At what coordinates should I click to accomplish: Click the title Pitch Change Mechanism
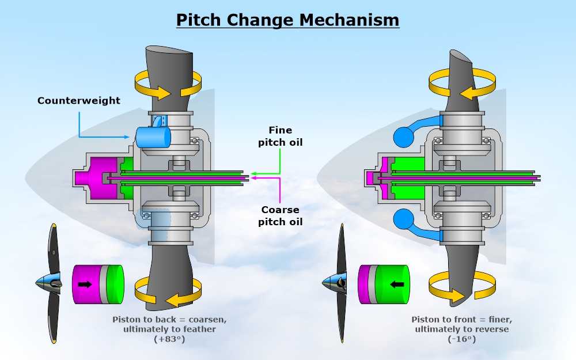287,20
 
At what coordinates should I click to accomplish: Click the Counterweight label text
79,101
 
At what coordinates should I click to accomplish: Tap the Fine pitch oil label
281,136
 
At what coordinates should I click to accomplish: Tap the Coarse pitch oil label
281,216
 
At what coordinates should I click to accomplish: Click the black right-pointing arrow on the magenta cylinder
86,284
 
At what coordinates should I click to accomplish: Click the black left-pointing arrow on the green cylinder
397,284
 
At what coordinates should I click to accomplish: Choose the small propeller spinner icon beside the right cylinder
338,283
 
